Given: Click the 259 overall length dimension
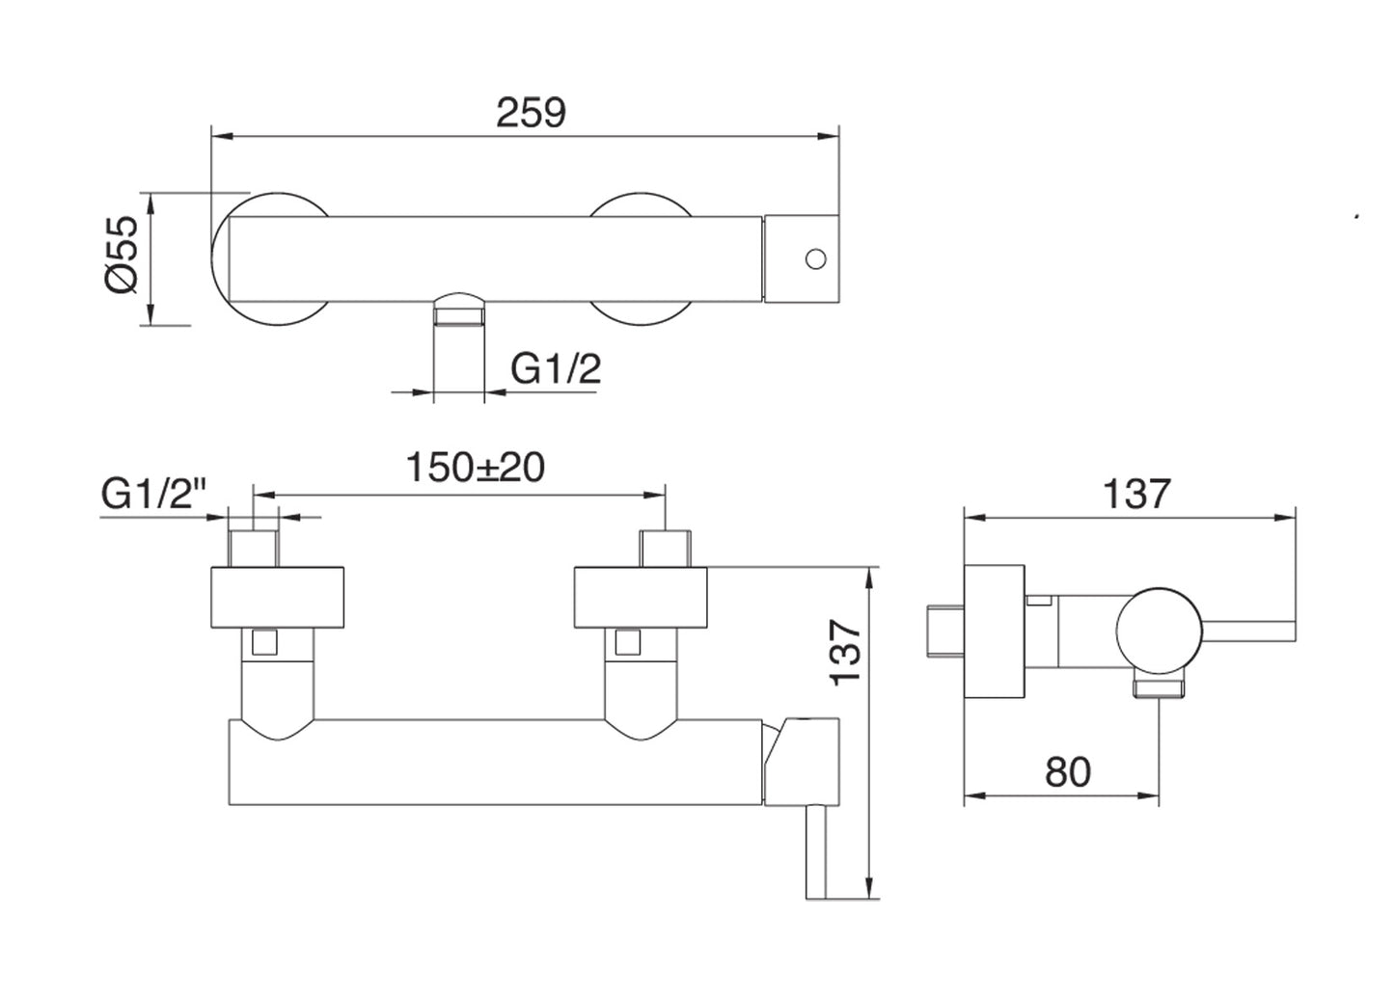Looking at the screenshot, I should click(x=531, y=114).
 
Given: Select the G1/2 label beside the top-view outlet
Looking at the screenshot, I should click(x=556, y=368).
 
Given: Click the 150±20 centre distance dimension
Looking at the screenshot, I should click(x=476, y=468).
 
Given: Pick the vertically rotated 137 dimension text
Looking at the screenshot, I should click(x=846, y=652).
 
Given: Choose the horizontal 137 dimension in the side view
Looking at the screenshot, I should click(x=1136, y=494).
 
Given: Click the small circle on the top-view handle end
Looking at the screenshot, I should click(x=815, y=258).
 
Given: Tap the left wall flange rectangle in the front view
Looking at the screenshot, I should click(x=278, y=598).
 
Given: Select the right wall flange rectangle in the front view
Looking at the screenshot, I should click(x=641, y=598).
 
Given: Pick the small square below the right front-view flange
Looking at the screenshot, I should click(x=628, y=642).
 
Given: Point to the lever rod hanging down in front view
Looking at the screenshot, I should click(x=822, y=852).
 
